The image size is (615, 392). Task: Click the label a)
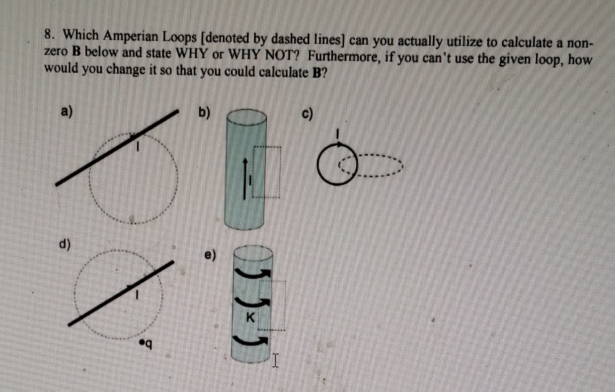click(67, 111)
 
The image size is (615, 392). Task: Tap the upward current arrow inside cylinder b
click(245, 178)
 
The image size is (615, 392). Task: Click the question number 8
click(49, 35)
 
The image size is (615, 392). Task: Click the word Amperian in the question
click(131, 36)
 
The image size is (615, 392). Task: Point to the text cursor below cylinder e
click(276, 360)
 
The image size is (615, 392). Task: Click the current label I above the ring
click(337, 134)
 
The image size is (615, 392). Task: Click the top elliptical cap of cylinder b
click(247, 118)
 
